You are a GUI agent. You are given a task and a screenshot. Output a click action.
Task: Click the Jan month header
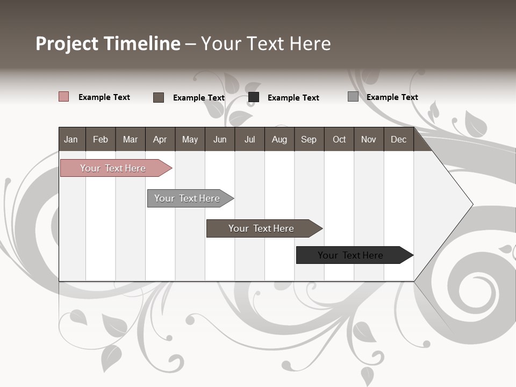pyautogui.click(x=71, y=140)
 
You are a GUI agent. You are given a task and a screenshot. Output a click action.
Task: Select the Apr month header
pyautogui.click(x=160, y=140)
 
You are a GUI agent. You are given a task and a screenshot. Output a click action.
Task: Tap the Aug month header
pyautogui.click(x=279, y=140)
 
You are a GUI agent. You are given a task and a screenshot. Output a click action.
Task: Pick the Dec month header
pyautogui.click(x=398, y=140)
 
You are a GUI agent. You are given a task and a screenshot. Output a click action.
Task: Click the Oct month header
pyautogui.click(x=339, y=140)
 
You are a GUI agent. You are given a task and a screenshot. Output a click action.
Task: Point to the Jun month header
pyautogui.click(x=219, y=140)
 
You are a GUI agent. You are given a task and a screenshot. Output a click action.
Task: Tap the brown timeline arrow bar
pyautogui.click(x=262, y=228)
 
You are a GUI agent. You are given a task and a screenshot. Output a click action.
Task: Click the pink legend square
pyautogui.click(x=63, y=97)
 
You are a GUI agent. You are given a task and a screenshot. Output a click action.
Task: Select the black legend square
pyautogui.click(x=254, y=97)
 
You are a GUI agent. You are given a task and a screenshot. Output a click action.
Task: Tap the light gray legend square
pyautogui.click(x=353, y=97)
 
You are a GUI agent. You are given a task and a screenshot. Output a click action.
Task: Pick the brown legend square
pyautogui.click(x=159, y=97)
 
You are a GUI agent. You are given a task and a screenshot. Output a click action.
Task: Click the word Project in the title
pyautogui.click(x=68, y=44)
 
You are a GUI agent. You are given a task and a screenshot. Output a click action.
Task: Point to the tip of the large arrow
pyautogui.click(x=471, y=204)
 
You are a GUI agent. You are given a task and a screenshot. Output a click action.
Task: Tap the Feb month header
pyautogui.click(x=101, y=140)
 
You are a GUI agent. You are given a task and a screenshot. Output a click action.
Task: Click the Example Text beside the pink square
pyautogui.click(x=104, y=97)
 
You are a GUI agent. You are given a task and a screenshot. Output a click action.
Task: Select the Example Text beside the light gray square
pyautogui.click(x=392, y=97)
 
